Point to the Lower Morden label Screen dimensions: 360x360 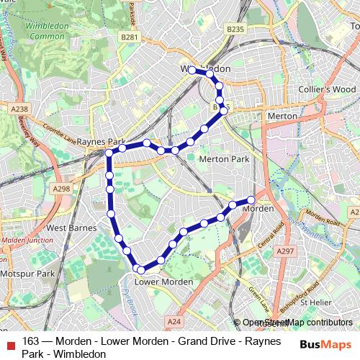point(163,282)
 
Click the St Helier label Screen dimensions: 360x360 point(315,302)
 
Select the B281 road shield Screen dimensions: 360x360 point(130,37)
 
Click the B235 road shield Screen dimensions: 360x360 point(235,30)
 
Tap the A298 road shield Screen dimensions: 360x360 point(62,189)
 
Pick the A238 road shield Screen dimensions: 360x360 point(19,108)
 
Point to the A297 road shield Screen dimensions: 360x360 point(286,251)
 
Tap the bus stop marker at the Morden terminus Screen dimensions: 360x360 point(251,199)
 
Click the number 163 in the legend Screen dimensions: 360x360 point(30,342)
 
